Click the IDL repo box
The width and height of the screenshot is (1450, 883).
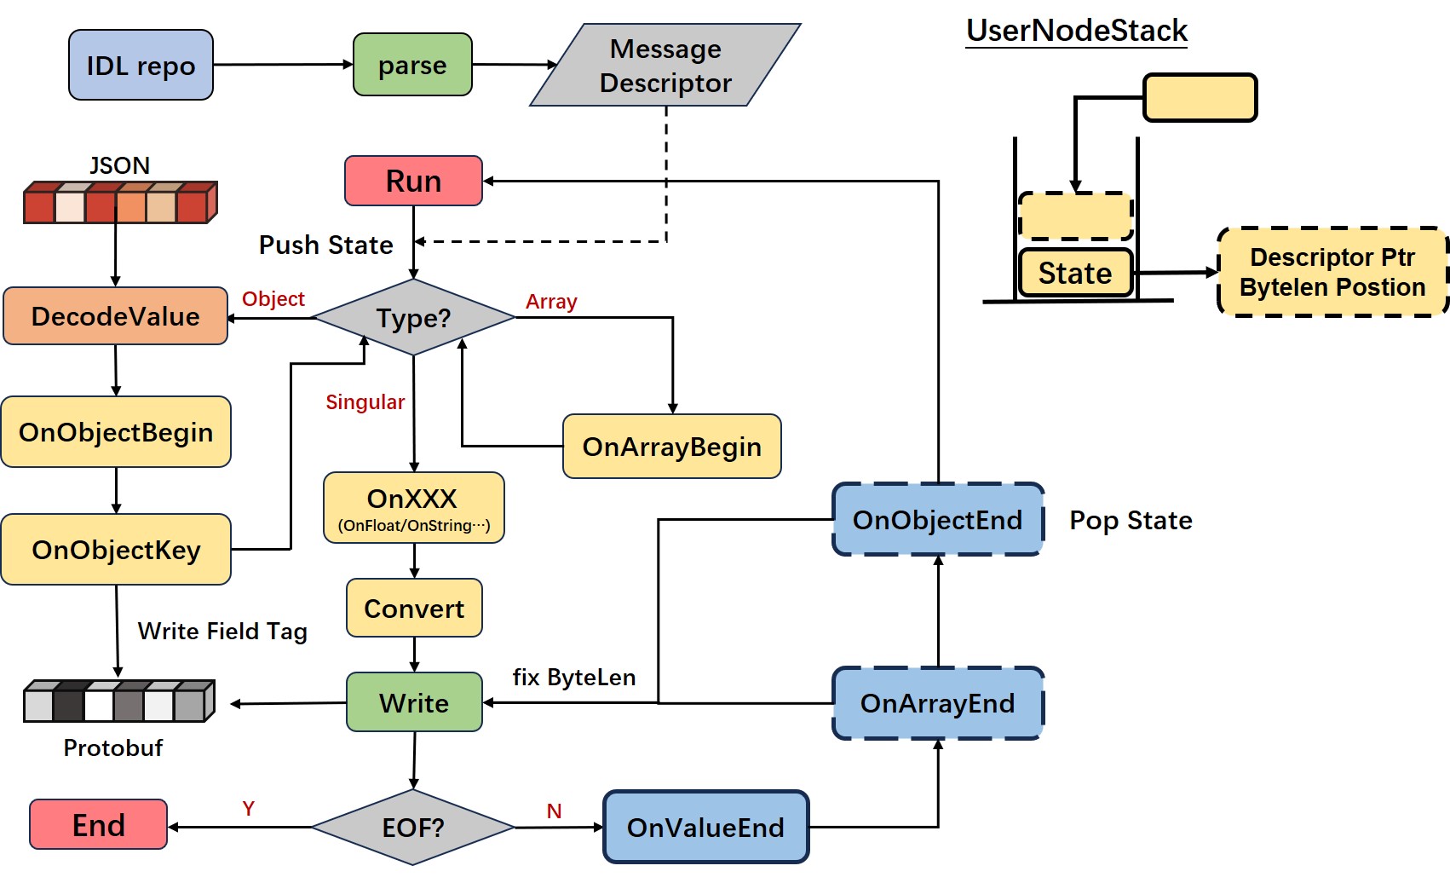pyautogui.click(x=141, y=65)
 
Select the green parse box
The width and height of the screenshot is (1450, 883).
pyautogui.click(x=412, y=65)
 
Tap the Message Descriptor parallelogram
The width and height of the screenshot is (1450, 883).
pyautogui.click(x=665, y=65)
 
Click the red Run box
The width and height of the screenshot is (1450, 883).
pyautogui.click(x=414, y=181)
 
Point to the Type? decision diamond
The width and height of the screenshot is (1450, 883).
pyautogui.click(x=414, y=317)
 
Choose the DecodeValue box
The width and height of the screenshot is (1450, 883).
pyautogui.click(x=115, y=316)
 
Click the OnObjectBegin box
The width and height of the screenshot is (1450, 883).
pyautogui.click(x=116, y=432)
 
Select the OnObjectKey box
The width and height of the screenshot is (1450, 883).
pyautogui.click(x=116, y=550)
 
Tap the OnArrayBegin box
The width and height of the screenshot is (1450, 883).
pyautogui.click(x=672, y=447)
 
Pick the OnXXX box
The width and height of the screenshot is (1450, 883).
pyautogui.click(x=414, y=507)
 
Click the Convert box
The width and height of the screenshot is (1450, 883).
pyautogui.click(x=414, y=608)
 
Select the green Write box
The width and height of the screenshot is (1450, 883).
pyautogui.click(x=414, y=702)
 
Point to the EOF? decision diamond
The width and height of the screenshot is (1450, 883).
pyautogui.click(x=413, y=828)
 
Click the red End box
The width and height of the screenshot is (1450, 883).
pyautogui.click(x=98, y=825)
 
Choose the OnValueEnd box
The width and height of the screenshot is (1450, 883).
pyautogui.click(x=705, y=828)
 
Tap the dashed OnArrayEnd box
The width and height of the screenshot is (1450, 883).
pyautogui.click(x=938, y=703)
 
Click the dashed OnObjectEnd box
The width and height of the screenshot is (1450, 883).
pyautogui.click(x=938, y=520)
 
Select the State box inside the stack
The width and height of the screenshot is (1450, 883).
pyautogui.click(x=1075, y=273)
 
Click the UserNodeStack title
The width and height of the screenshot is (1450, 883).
pyautogui.click(x=1077, y=31)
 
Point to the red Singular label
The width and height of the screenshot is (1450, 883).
pyautogui.click(x=365, y=401)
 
